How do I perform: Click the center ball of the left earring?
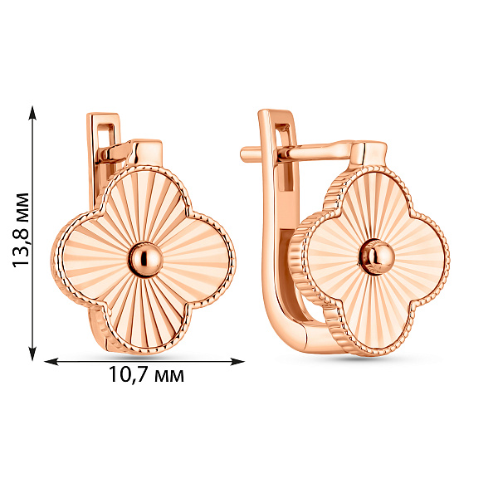144,259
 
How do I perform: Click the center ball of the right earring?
377,256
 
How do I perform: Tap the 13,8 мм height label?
22,230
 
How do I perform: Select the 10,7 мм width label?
146,375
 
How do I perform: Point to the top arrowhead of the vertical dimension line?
32,113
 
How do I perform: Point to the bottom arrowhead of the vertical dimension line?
32,354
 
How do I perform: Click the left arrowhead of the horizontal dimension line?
51,361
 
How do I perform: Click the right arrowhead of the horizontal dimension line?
237,361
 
